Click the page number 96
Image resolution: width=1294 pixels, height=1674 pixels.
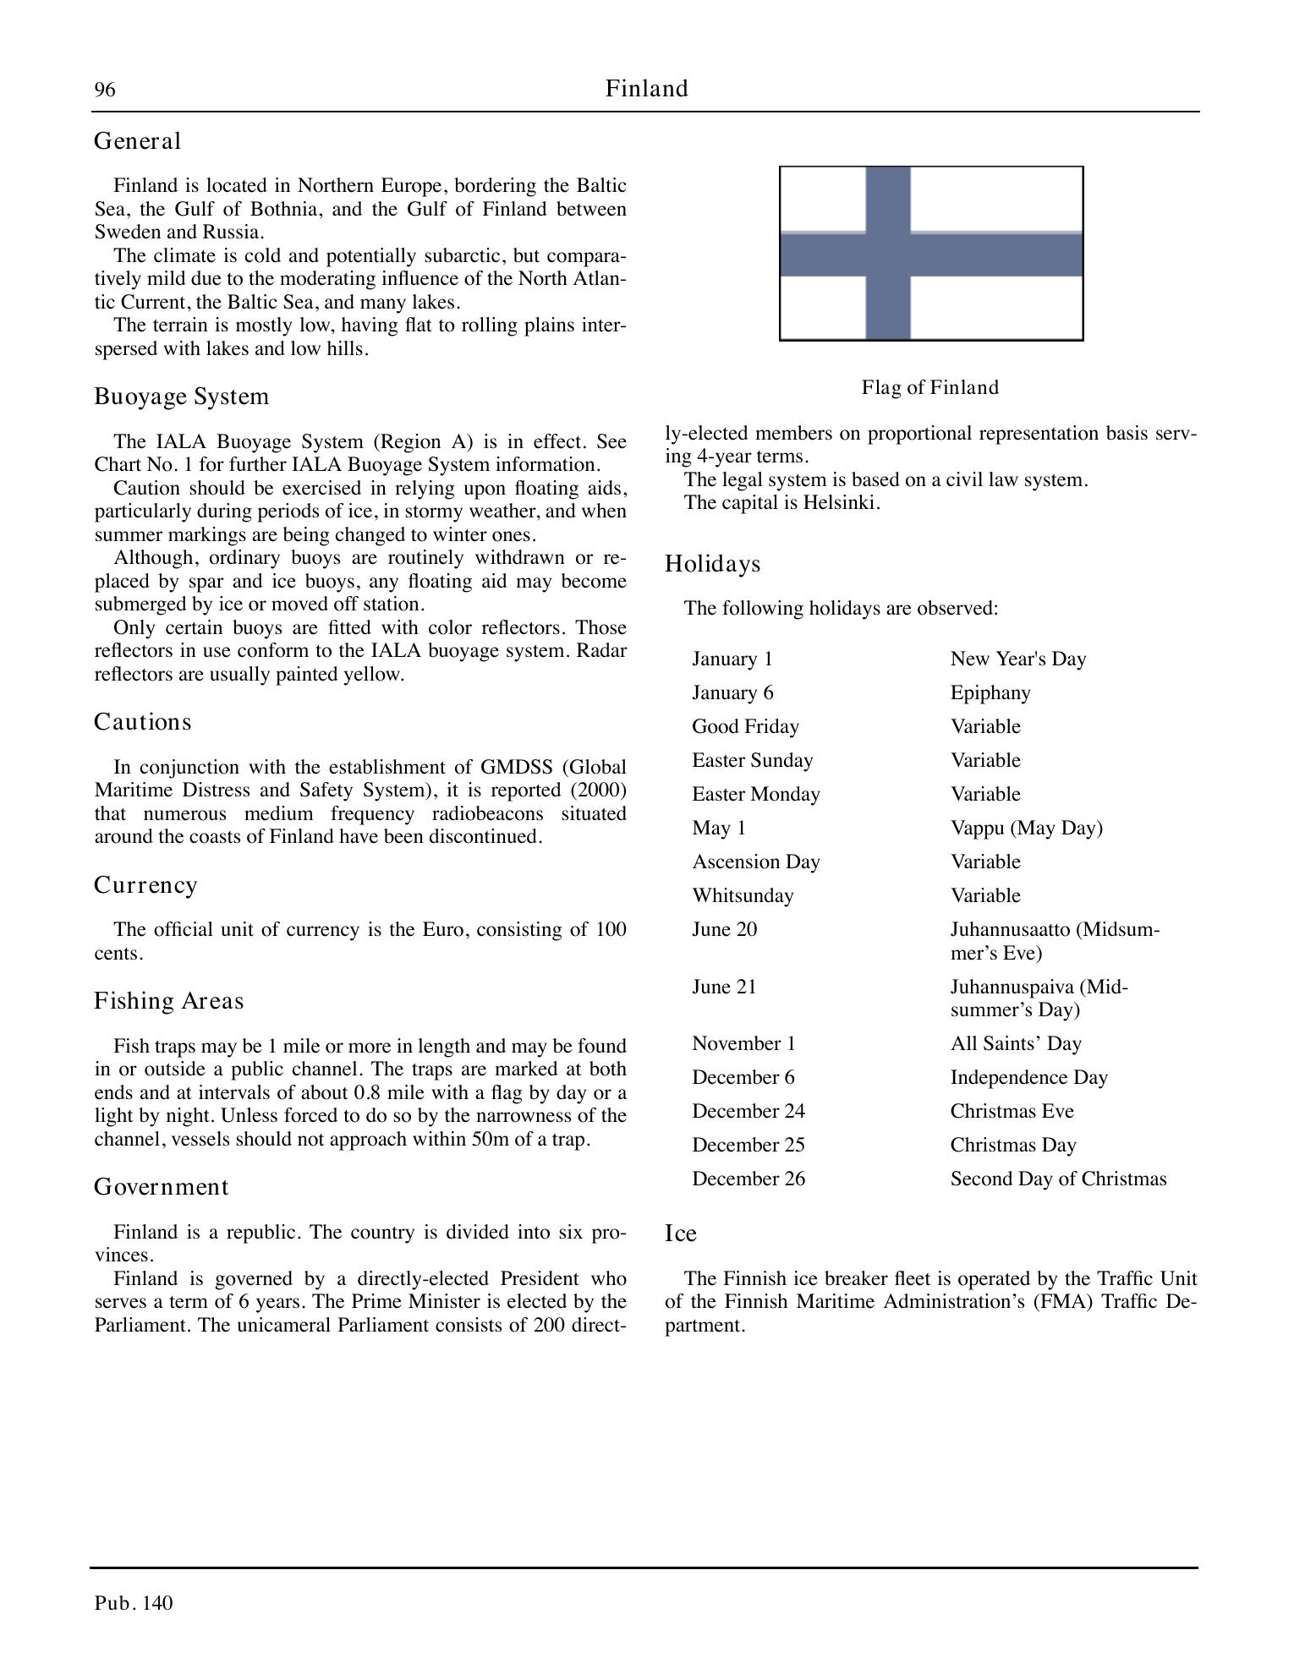(x=105, y=90)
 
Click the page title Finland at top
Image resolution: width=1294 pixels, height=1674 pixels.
(x=646, y=89)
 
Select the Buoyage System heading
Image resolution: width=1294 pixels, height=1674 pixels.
(x=181, y=397)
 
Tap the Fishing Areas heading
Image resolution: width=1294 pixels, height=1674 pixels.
(x=168, y=1001)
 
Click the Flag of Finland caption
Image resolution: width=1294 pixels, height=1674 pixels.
(x=929, y=387)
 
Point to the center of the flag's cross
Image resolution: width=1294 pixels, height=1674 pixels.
(x=888, y=254)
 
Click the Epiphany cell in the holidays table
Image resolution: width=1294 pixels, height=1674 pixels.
(x=990, y=693)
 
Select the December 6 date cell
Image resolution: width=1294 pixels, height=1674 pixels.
(x=743, y=1077)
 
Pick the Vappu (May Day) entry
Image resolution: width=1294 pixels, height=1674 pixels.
(x=1026, y=828)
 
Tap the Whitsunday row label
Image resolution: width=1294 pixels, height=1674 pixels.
(x=743, y=895)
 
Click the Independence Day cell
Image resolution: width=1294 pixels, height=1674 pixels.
(x=1028, y=1077)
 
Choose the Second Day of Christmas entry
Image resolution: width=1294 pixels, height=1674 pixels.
(x=1058, y=1179)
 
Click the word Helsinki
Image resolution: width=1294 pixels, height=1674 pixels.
(x=842, y=503)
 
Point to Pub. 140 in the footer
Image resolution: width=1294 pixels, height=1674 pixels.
(x=134, y=1603)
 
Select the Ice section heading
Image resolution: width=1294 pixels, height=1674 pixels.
(x=680, y=1234)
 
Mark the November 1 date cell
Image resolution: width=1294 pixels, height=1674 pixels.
(x=743, y=1043)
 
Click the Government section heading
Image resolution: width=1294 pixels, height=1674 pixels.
(x=161, y=1187)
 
